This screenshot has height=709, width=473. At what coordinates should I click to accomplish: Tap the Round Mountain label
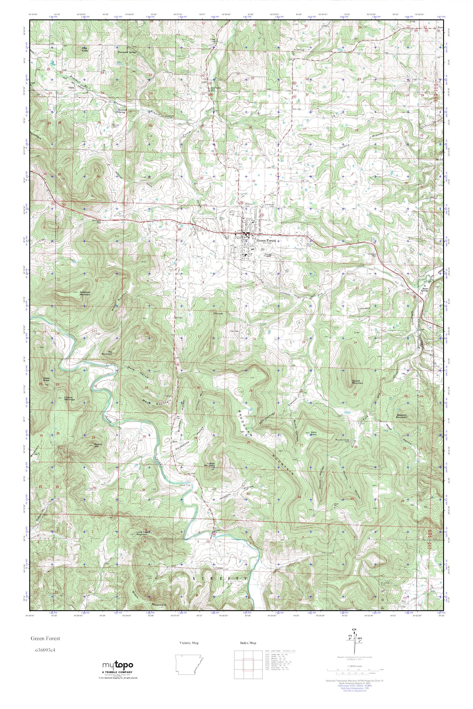[357, 382]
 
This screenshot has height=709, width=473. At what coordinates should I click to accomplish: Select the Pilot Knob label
[85, 49]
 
